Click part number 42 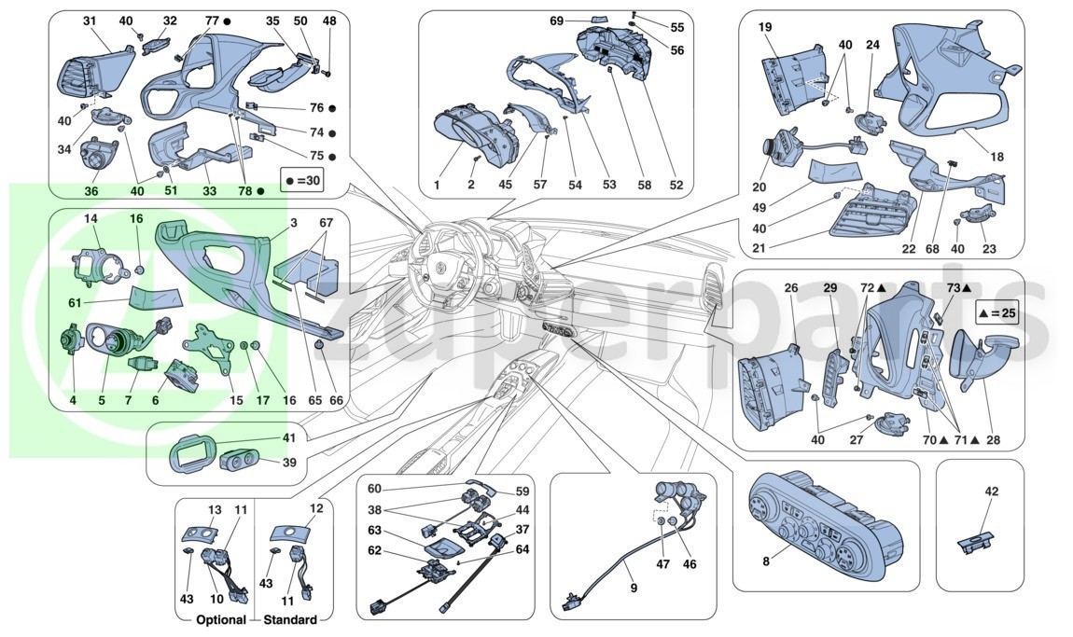pos(992,492)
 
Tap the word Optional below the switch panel pos(221,620)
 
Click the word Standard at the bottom pos(290,620)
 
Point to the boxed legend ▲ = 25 pos(997,314)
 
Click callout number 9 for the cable pos(633,587)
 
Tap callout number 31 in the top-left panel pos(90,21)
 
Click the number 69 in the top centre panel pos(556,21)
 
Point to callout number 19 pos(765,27)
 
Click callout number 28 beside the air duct pos(993,440)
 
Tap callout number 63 pos(374,531)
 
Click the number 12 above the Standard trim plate pos(316,508)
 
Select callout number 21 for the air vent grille pos(759,248)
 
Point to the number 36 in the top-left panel pos(91,191)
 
